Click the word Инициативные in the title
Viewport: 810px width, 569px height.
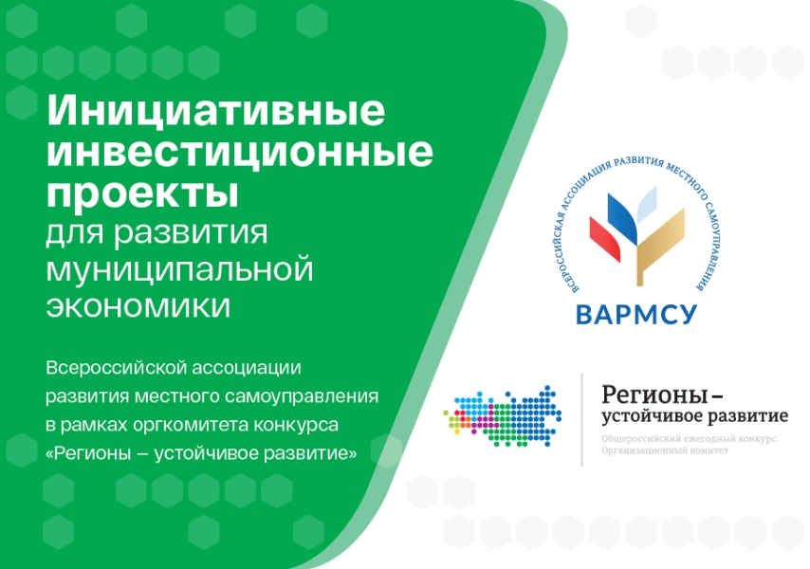tap(216, 111)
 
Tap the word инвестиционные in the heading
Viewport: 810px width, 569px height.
tap(240, 152)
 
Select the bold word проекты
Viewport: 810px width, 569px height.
tap(142, 193)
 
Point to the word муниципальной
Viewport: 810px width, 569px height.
tap(179, 269)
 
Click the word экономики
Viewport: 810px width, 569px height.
tap(138, 305)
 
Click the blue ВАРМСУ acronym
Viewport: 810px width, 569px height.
tap(636, 315)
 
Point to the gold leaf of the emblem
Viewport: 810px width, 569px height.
tap(660, 246)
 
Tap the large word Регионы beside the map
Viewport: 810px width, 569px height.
tap(654, 395)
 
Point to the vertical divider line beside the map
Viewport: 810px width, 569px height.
tap(582, 419)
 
